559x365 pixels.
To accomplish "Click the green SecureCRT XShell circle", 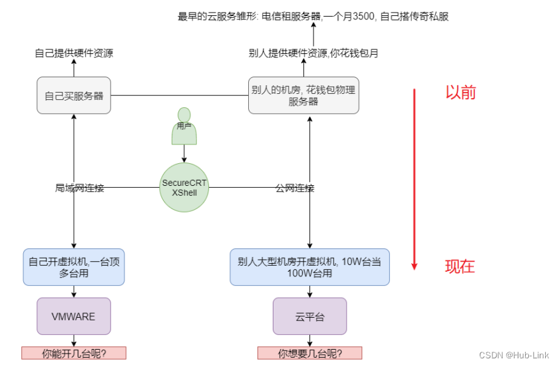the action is coord(184,187).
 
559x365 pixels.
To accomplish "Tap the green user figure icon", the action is coord(184,126).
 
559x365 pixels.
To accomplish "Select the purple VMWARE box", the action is coord(74,316).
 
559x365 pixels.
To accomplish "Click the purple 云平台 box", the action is coord(310,316).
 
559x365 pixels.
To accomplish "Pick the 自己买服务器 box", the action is coord(74,95).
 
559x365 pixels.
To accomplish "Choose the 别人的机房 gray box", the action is coord(303,95).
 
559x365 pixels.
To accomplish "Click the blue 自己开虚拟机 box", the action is coord(74,267).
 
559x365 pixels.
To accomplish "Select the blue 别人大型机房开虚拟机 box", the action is coord(310,267).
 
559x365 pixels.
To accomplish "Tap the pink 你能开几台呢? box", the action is coord(74,353).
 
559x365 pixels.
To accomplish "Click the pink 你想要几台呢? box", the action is coord(310,353).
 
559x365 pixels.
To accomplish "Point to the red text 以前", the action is coord(461,93).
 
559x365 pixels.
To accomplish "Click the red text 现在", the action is coord(460,266).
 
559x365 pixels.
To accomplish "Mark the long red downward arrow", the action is coord(414,179).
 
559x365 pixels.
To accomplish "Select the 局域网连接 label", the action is coord(79,188).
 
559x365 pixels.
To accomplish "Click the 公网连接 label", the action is coord(295,188).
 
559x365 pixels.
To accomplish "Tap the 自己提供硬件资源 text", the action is coord(74,53).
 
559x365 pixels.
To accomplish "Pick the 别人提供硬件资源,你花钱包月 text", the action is coord(313,53).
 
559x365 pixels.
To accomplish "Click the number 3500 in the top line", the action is coord(363,17).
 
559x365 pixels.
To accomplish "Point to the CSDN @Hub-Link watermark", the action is coord(514,355).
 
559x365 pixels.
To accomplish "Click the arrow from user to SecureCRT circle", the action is coord(184,154).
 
